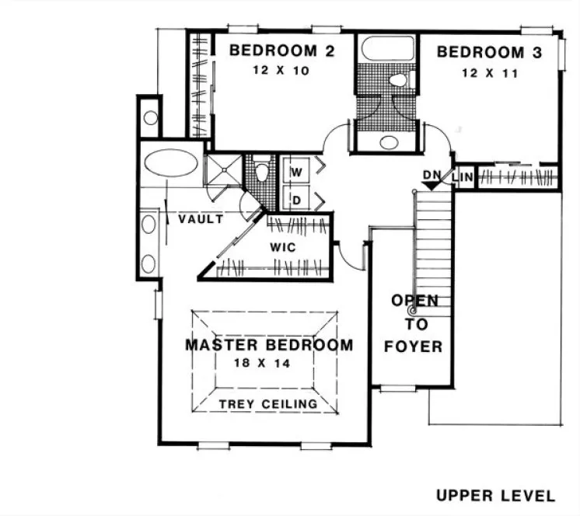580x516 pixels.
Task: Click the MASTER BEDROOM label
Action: pyautogui.click(x=268, y=344)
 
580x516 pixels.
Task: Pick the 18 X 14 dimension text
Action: pyautogui.click(x=267, y=363)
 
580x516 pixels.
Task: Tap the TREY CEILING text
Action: pyautogui.click(x=267, y=404)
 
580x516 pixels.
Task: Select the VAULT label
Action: pyautogui.click(x=201, y=220)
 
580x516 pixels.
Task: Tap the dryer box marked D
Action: pyautogui.click(x=296, y=200)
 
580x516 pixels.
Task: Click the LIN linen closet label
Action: pyautogui.click(x=463, y=176)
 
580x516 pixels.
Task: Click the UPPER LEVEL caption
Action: pyautogui.click(x=495, y=495)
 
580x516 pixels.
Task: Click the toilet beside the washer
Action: pyautogui.click(x=262, y=170)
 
